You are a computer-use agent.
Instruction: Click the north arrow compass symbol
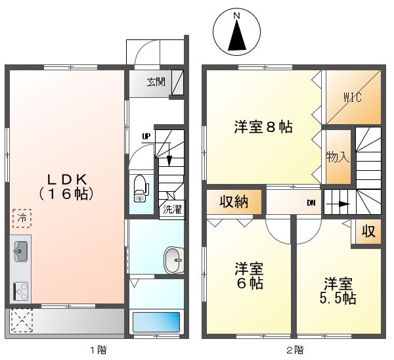tap(236, 32)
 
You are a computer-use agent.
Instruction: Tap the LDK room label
tap(67, 180)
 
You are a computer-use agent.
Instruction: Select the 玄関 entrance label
tap(156, 81)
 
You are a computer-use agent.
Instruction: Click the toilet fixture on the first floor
tap(141, 189)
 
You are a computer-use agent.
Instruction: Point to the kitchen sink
tap(21, 252)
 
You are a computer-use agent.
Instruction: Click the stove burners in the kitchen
tap(21, 291)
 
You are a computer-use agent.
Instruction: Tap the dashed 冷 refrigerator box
tap(22, 218)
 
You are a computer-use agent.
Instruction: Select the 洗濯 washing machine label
tap(172, 209)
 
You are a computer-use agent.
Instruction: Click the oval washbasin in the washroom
tap(173, 260)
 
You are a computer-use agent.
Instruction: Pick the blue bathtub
tap(156, 322)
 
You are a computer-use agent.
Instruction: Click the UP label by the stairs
tap(146, 137)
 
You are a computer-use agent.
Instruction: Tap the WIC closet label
tap(353, 97)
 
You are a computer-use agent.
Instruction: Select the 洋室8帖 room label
tap(263, 127)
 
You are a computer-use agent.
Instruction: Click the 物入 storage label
tap(338, 158)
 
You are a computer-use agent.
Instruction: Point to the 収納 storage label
tap(234, 202)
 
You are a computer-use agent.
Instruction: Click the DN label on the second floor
tap(311, 203)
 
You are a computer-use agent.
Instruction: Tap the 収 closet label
tap(368, 231)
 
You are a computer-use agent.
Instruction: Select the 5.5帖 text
tap(338, 298)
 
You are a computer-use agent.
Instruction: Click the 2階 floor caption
tap(295, 350)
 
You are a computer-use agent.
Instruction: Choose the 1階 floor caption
tap(98, 350)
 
